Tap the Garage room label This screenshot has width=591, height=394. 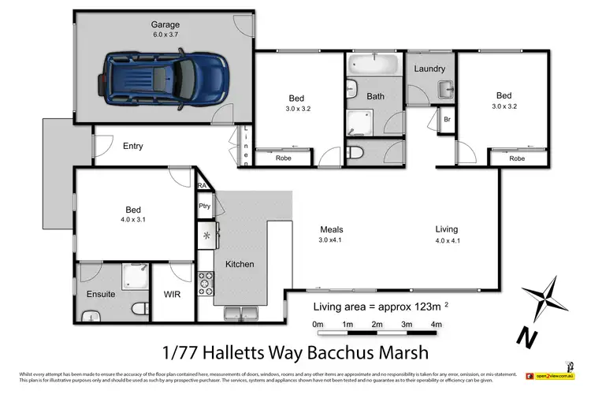pyautogui.click(x=165, y=24)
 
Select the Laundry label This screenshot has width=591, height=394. pyautogui.click(x=429, y=69)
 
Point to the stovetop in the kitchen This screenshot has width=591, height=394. pyautogui.click(x=206, y=281)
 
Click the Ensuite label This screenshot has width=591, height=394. pyautogui.click(x=101, y=295)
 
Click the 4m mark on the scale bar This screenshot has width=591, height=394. pyautogui.click(x=436, y=324)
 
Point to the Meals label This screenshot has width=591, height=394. pyautogui.click(x=331, y=230)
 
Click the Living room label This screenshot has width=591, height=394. pyautogui.click(x=446, y=230)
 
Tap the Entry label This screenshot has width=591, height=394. pyautogui.click(x=133, y=146)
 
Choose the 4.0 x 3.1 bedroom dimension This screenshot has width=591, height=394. pyautogui.click(x=133, y=221)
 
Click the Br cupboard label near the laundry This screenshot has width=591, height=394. pyautogui.click(x=447, y=119)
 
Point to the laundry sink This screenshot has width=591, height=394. pyautogui.click(x=444, y=85)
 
